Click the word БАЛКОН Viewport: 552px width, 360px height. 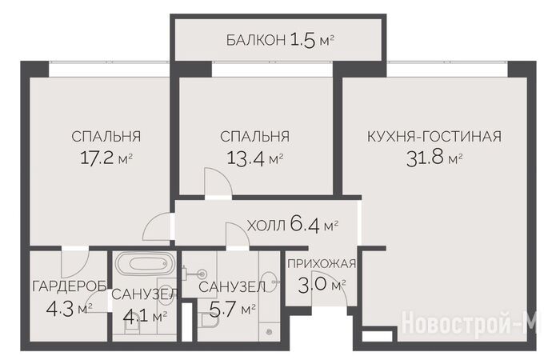click(x=255, y=40)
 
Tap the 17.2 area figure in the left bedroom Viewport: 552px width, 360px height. click(x=97, y=158)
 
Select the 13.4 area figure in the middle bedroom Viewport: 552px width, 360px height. click(x=246, y=158)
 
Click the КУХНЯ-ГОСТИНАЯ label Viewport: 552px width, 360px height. click(x=434, y=136)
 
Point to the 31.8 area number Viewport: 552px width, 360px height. click(x=425, y=158)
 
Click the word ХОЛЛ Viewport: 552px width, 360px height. click(x=266, y=226)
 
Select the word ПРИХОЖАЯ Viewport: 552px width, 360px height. click(x=322, y=263)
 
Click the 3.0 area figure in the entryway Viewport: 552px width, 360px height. click(x=312, y=284)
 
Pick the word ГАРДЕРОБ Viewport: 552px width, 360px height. click(x=70, y=286)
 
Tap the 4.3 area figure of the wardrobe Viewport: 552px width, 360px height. click(x=60, y=309)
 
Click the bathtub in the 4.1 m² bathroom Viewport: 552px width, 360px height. click(x=144, y=264)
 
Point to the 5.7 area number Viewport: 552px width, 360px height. click(x=222, y=309)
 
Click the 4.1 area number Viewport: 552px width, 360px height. click(x=136, y=316)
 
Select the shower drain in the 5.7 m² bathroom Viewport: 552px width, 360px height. click(x=270, y=331)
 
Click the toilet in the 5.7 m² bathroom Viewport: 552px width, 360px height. click(x=209, y=321)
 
